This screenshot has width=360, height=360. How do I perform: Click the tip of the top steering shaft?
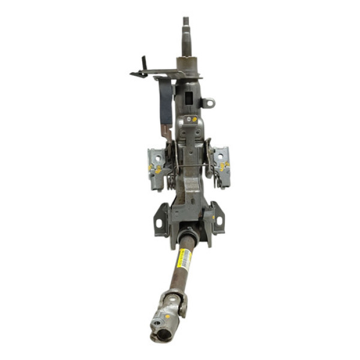pyautogui.click(x=186, y=21)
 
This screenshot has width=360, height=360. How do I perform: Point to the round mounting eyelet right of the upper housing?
pyautogui.click(x=208, y=103)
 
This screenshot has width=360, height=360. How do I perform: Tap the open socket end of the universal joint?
pyautogui.click(x=157, y=329)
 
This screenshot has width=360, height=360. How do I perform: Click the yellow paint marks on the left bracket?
pyautogui.click(x=157, y=170)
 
